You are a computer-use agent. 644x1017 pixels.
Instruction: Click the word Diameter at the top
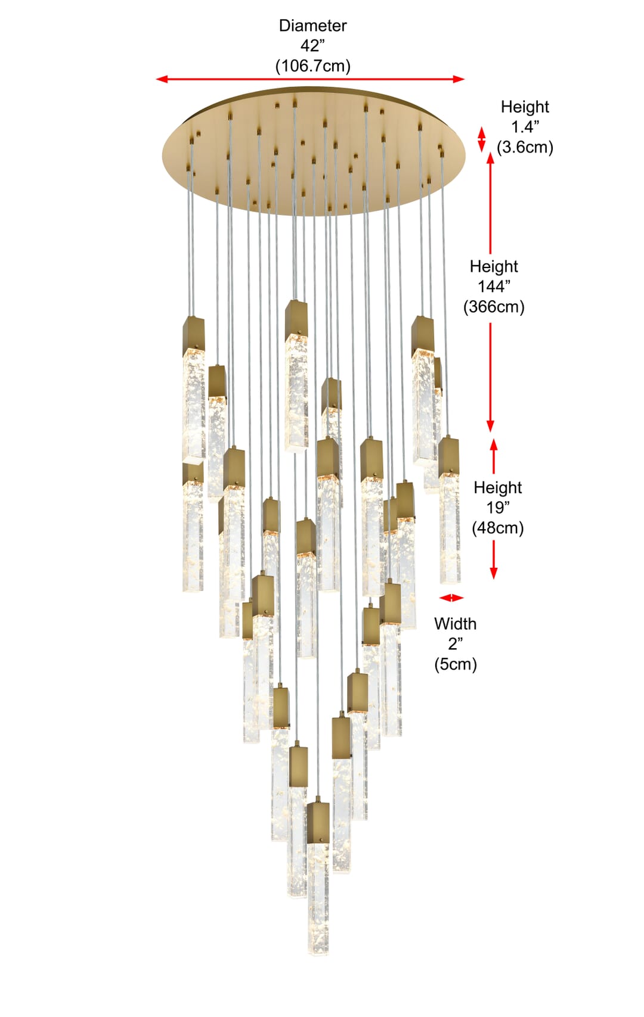coord(312,26)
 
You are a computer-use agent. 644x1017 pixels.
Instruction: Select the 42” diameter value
coord(312,46)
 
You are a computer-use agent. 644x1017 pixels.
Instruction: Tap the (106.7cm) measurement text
coord(312,66)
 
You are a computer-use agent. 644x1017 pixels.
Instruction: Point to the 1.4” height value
coord(525,127)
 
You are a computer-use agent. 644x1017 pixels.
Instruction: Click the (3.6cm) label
coord(525,148)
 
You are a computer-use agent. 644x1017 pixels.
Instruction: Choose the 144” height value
coord(494,287)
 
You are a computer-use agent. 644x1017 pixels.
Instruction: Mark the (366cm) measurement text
coord(494,307)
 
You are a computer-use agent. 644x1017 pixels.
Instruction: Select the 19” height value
coord(498,508)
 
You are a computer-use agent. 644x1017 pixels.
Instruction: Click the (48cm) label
coord(498,528)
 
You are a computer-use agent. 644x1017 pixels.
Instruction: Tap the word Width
coord(456,624)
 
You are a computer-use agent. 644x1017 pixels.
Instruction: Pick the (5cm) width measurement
coord(456,665)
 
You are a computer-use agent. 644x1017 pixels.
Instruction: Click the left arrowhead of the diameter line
coord(160,79)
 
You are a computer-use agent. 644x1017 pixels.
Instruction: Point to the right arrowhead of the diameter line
coord(459,79)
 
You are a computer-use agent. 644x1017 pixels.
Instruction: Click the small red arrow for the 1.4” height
coord(482,139)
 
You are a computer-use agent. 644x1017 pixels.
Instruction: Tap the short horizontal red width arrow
coord(452,598)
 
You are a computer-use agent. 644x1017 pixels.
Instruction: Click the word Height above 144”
coord(494,266)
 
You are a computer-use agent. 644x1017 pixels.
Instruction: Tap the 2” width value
coord(456,644)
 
